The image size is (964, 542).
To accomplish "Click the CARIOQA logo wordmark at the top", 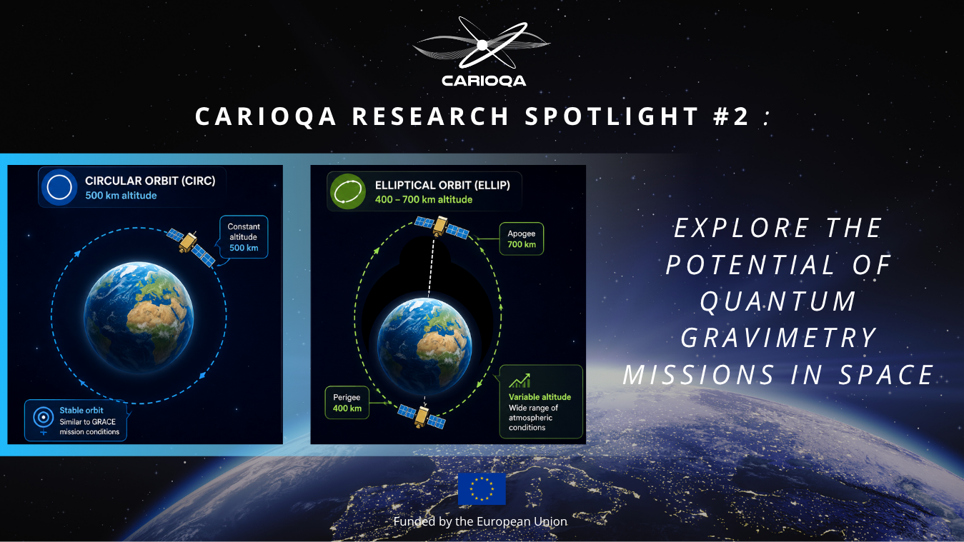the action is click(x=484, y=81).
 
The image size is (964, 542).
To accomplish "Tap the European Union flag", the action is click(x=482, y=489).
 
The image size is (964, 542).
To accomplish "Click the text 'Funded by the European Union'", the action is click(x=480, y=521).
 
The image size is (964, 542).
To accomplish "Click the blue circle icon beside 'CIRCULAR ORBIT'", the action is click(x=59, y=188).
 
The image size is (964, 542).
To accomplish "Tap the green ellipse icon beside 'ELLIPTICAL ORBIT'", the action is click(x=348, y=191).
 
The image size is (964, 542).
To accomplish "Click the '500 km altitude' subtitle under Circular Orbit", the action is click(x=121, y=196).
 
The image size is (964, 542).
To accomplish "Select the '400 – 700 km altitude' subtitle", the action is click(x=424, y=200).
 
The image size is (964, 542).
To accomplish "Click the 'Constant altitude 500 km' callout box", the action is click(x=244, y=237).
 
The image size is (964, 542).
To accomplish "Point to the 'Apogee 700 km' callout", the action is click(x=521, y=239).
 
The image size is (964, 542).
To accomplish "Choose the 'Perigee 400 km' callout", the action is click(x=347, y=403).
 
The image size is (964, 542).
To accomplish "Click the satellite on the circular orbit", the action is click(x=190, y=247).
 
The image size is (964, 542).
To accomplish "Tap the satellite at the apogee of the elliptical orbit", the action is click(x=442, y=226).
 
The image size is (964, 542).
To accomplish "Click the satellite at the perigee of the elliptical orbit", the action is click(x=422, y=416).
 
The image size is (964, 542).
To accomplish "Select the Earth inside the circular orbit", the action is click(x=139, y=316).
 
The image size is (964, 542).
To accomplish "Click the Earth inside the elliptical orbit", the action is click(x=424, y=346).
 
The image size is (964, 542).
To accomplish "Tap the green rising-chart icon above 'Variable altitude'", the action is click(x=520, y=381).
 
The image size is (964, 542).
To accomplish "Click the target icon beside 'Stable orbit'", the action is click(x=44, y=417).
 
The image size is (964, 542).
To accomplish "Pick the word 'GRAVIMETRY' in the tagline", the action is click(x=778, y=338).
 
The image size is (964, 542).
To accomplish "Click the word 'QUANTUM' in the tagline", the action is click(x=778, y=301).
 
